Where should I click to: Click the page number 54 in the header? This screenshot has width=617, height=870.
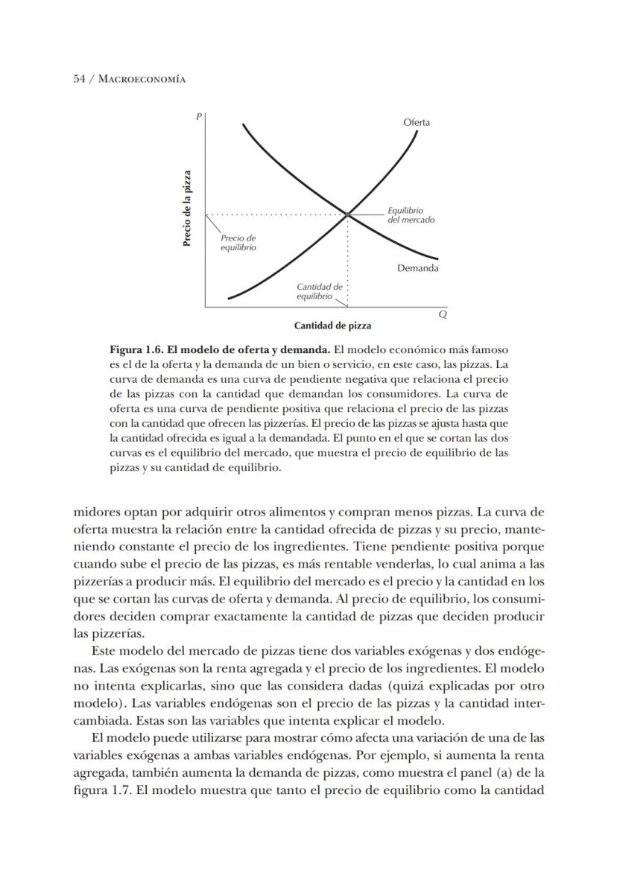point(80,78)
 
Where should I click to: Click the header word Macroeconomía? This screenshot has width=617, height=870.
point(142,78)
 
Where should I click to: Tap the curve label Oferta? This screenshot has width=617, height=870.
point(416,122)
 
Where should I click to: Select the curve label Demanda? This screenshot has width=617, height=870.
point(417,268)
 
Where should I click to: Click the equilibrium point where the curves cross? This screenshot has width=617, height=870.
point(347,215)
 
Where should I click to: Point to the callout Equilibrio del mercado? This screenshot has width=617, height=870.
point(411,215)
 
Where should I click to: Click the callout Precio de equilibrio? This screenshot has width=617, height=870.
point(238,242)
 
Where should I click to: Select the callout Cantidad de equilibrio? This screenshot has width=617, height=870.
point(319,291)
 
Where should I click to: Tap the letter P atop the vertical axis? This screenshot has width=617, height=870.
point(199,116)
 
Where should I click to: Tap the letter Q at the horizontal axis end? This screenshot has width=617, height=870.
point(443,315)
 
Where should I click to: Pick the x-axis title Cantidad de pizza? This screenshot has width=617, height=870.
point(332,326)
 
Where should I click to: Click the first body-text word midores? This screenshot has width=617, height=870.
point(96,512)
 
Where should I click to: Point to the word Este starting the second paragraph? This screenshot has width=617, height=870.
point(101,650)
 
